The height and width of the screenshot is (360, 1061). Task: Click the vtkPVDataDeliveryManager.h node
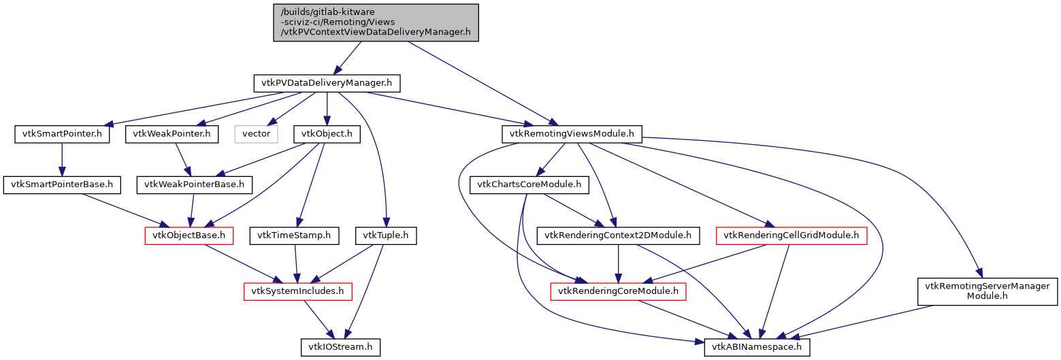pyautogui.click(x=327, y=84)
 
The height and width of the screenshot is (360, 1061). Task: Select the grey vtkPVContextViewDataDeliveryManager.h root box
pyautogui.click(x=376, y=22)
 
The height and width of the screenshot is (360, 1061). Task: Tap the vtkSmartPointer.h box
pyautogui.click(x=62, y=134)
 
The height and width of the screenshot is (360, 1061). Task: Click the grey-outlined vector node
pyautogui.click(x=256, y=134)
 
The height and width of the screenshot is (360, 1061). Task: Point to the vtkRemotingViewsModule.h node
pyautogui.click(x=572, y=134)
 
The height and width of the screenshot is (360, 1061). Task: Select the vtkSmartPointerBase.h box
pyautogui.click(x=62, y=184)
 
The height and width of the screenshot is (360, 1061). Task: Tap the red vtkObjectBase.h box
pyautogui.click(x=189, y=235)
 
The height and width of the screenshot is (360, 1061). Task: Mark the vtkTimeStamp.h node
pyautogui.click(x=294, y=235)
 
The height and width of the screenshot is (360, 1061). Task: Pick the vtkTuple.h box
pyautogui.click(x=386, y=235)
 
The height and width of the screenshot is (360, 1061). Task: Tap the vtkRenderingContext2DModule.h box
pyautogui.click(x=618, y=235)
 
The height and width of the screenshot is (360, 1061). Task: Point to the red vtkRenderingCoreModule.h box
pyautogui.click(x=618, y=291)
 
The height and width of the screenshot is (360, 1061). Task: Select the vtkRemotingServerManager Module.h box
pyautogui.click(x=987, y=291)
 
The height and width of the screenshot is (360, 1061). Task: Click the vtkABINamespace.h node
pyautogui.click(x=757, y=347)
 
